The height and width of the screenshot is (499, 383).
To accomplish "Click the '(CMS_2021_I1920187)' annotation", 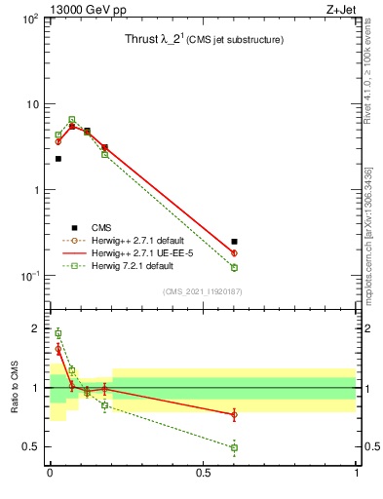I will (203, 291).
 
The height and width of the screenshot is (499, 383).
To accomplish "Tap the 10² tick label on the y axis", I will (28, 19).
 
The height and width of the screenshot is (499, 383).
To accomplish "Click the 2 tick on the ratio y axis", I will (35, 328).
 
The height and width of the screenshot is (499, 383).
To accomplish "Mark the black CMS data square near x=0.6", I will (234, 241).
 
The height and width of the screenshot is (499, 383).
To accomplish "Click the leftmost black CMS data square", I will (58, 158).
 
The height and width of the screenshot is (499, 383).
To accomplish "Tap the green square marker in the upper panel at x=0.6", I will (234, 267).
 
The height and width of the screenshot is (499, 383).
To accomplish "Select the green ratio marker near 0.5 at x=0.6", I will (234, 447).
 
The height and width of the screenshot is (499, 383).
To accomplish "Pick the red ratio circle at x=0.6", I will (234, 414).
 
